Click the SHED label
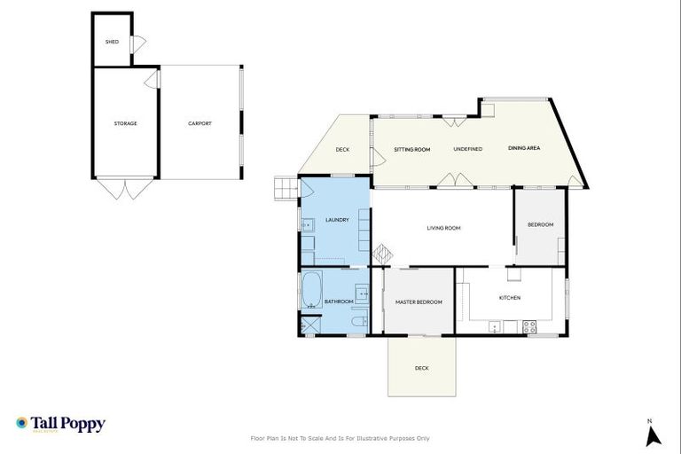112,42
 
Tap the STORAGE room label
125,123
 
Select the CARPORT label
200,123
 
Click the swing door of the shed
138,44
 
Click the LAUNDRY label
337,220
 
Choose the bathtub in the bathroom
312,290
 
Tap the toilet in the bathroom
358,322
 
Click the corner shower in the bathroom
309,325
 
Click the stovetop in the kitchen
529,325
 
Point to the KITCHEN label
510,297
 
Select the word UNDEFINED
467,149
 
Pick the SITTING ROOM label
412,149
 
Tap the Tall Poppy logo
60,424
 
